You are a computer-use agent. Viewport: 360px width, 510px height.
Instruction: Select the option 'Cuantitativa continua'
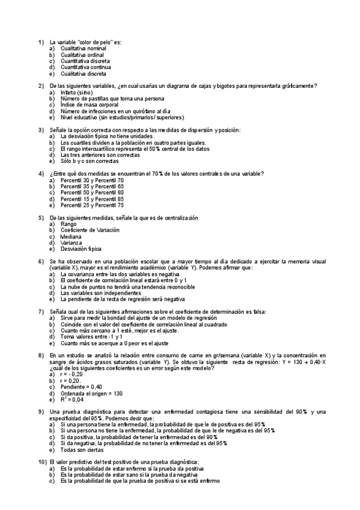[x=81, y=67]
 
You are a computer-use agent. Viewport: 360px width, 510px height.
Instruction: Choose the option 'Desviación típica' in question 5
[x=81, y=249]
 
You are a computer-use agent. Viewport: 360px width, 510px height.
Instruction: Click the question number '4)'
[x=41, y=174]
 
